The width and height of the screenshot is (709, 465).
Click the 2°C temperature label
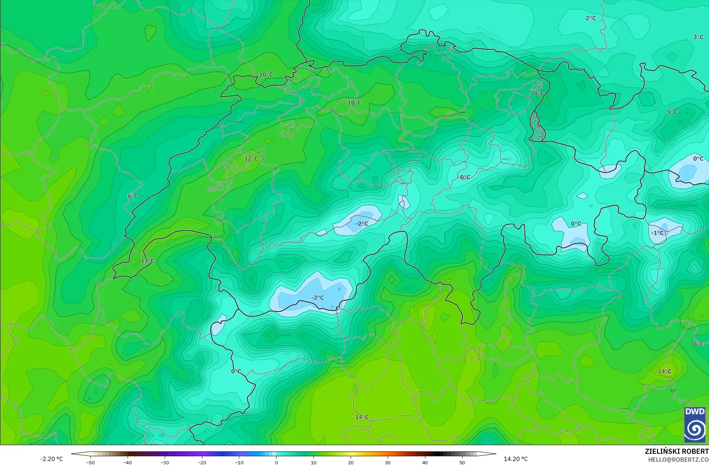590,18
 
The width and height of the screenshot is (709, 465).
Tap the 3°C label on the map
698,37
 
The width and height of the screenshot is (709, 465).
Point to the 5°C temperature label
672,112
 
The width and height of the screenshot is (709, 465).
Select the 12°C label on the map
251,159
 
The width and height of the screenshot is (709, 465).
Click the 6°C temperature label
133,196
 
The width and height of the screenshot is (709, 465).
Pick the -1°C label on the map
657,233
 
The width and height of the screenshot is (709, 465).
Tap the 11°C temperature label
147,261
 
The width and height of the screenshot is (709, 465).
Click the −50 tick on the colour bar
90,462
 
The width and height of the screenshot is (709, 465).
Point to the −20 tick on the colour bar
202,462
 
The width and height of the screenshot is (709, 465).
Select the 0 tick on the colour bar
276,462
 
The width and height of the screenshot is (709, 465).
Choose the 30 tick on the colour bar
388,462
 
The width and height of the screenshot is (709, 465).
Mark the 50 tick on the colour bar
462,462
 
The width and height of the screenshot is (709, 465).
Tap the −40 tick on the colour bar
128,462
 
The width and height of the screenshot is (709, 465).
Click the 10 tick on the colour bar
314,462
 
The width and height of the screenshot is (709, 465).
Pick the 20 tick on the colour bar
351,462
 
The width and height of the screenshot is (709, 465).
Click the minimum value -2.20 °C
51,459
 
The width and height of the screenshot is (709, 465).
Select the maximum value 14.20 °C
516,459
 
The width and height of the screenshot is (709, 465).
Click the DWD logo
695,425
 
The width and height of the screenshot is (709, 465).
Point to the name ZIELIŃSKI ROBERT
676,451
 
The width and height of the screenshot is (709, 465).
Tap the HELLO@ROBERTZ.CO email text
678,460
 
